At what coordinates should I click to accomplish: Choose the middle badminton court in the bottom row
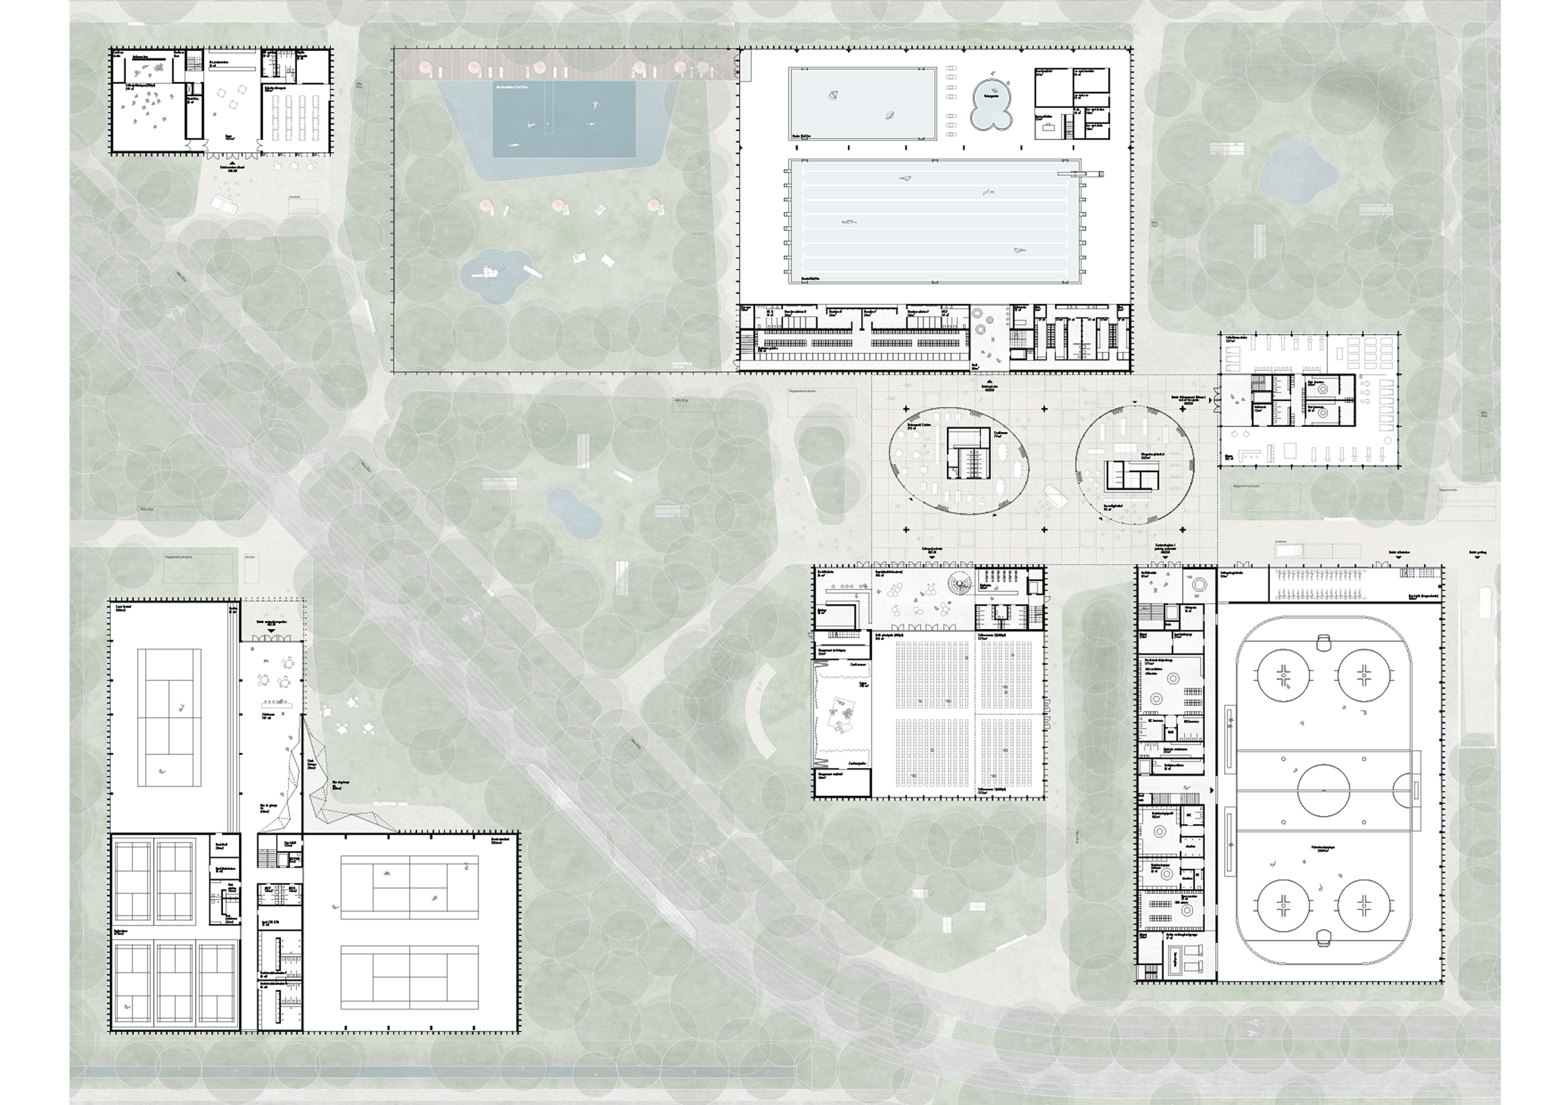[x=176, y=980]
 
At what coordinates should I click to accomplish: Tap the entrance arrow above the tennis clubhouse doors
[x=272, y=630]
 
